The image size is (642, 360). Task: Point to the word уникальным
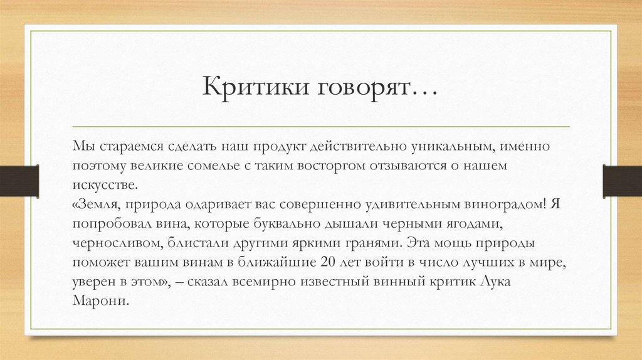[456, 147]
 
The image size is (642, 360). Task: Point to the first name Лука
[495, 282]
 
